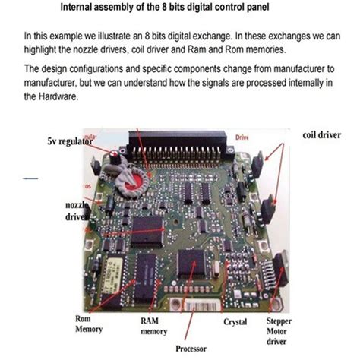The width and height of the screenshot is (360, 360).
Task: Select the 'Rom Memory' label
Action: coord(88,324)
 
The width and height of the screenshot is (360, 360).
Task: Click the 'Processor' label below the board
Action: coord(191,349)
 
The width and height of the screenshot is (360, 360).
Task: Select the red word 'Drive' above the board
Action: coord(242,137)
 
